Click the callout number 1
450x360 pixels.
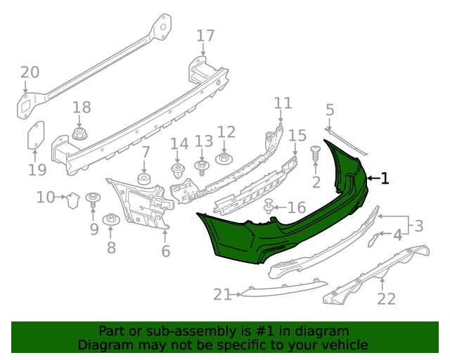[385, 179]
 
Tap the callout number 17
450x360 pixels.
[205, 36]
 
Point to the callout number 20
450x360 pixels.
[30, 72]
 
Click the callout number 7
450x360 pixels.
[145, 152]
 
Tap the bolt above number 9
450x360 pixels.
[92, 200]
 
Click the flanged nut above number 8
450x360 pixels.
[111, 220]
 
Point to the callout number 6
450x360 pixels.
[166, 251]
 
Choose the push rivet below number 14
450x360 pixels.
[179, 173]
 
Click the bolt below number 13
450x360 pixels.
[202, 167]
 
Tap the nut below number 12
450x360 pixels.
[224, 158]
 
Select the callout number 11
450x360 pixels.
[283, 103]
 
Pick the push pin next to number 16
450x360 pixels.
[269, 207]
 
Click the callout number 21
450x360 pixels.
[222, 295]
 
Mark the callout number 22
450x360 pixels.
[386, 299]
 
